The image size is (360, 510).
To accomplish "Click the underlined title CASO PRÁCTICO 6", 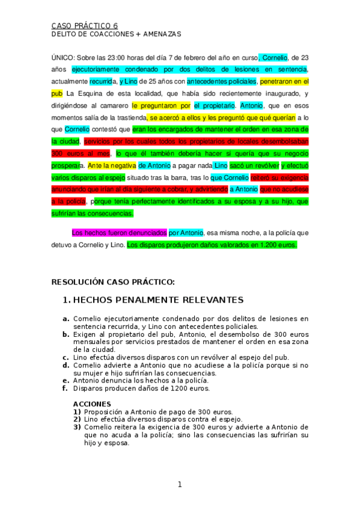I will click(x=85, y=26).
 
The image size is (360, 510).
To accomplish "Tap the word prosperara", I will click(x=67, y=164).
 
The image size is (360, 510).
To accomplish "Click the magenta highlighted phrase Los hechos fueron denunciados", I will click(x=119, y=232).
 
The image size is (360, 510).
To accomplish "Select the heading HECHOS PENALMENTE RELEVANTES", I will click(x=158, y=300).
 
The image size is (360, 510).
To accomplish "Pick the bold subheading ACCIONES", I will click(x=92, y=404).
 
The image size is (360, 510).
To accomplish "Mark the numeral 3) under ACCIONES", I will click(x=78, y=426).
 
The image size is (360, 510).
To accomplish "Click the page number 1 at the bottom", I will click(x=179, y=484).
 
